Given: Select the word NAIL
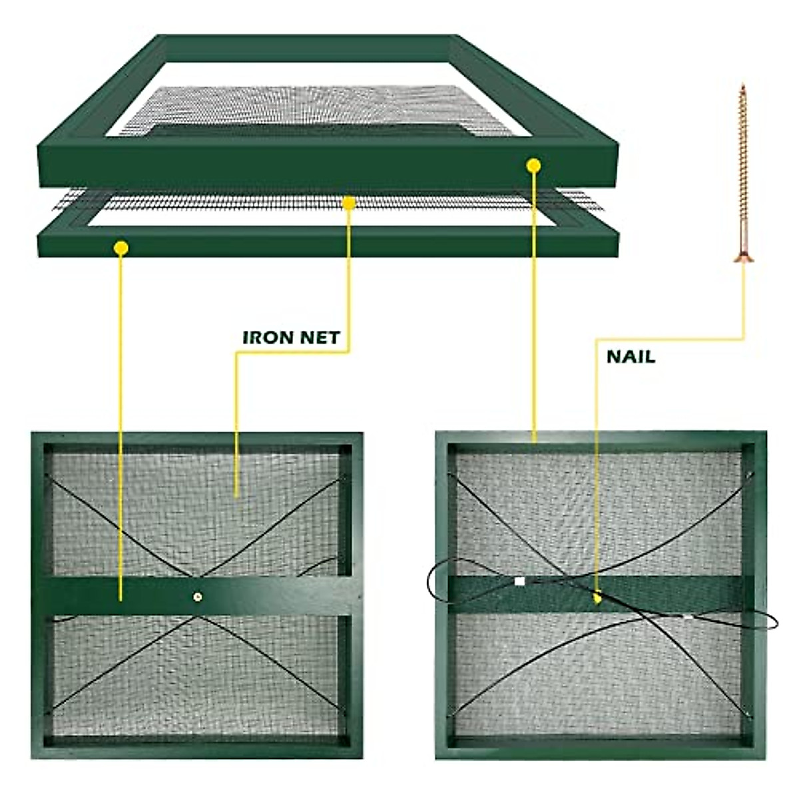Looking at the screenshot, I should pyautogui.click(x=631, y=357).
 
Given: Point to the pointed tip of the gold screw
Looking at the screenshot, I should pyautogui.click(x=742, y=85).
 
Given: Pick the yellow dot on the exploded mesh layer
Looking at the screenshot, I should pyautogui.click(x=348, y=202).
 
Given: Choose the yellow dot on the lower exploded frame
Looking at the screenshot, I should pyautogui.click(x=121, y=248).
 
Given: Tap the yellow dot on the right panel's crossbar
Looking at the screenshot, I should pyautogui.click(x=597, y=598).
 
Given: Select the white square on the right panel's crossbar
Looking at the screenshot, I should pyautogui.click(x=519, y=581).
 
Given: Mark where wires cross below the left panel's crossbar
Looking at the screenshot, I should pyautogui.click(x=197, y=619).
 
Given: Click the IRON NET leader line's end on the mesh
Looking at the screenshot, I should pyautogui.click(x=236, y=495).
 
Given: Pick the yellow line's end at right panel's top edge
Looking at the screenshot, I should pyautogui.click(x=533, y=440).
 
